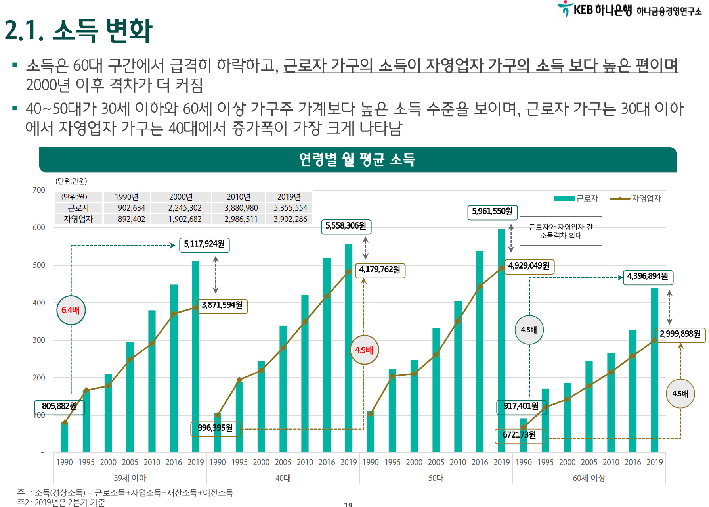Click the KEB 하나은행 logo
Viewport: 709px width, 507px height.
click(x=594, y=10)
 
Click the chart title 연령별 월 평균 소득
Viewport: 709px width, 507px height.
click(x=357, y=159)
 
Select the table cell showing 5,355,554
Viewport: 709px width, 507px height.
click(x=290, y=208)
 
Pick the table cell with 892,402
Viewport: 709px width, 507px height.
click(x=131, y=219)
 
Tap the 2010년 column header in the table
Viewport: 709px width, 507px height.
click(x=239, y=197)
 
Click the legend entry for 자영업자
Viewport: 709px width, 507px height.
click(x=636, y=198)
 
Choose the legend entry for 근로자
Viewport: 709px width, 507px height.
click(x=577, y=198)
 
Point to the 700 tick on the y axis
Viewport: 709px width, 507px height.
click(x=39, y=190)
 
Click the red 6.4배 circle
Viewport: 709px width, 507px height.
click(x=71, y=310)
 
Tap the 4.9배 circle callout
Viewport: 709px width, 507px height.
click(x=364, y=350)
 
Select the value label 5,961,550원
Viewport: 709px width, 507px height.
click(x=492, y=211)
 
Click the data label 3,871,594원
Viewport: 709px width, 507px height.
click(x=222, y=305)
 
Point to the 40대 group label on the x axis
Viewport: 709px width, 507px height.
click(x=283, y=478)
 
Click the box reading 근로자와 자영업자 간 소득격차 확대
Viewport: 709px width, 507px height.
click(x=560, y=231)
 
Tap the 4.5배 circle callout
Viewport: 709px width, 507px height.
click(x=680, y=394)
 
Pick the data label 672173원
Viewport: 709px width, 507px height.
click(x=519, y=435)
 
